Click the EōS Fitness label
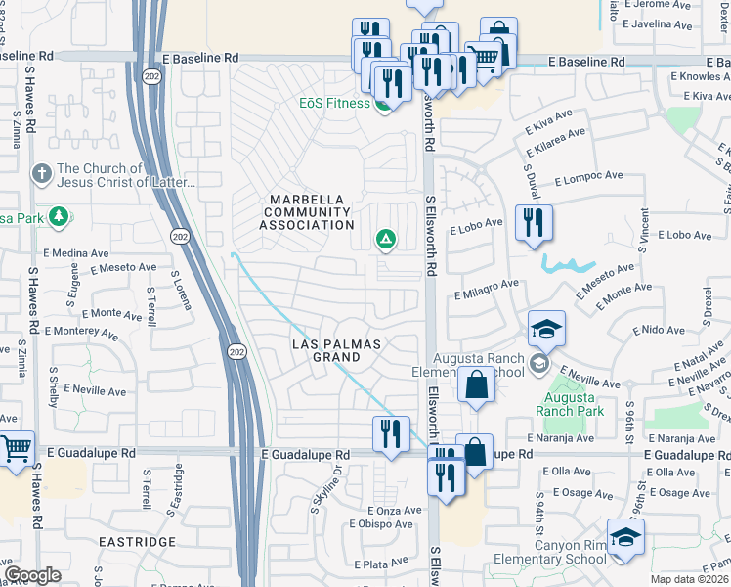click(334, 103)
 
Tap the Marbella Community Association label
click(305, 212)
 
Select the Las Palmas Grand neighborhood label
click(337, 350)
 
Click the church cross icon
click(41, 173)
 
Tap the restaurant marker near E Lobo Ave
click(534, 223)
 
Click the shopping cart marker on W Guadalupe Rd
click(17, 450)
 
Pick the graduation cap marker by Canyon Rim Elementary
click(625, 538)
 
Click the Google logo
click(32, 575)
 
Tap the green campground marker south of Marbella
click(386, 238)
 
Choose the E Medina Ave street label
click(80, 253)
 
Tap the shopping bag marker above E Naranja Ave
click(476, 384)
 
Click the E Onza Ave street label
click(395, 511)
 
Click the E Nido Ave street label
click(658, 332)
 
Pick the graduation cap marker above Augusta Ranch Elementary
click(547, 330)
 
